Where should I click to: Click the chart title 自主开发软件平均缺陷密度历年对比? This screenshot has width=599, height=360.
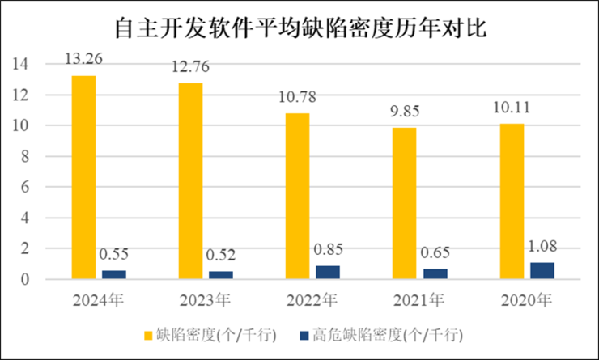pyautogui.click(x=299, y=29)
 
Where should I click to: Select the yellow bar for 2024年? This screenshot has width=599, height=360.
pyautogui.click(x=83, y=177)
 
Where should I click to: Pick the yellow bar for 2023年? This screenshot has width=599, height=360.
pyautogui.click(x=190, y=181)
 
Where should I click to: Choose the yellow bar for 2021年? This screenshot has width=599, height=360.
pyautogui.click(x=405, y=203)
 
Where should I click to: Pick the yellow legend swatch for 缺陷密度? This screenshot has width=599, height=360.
pyautogui.click(x=149, y=333)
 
